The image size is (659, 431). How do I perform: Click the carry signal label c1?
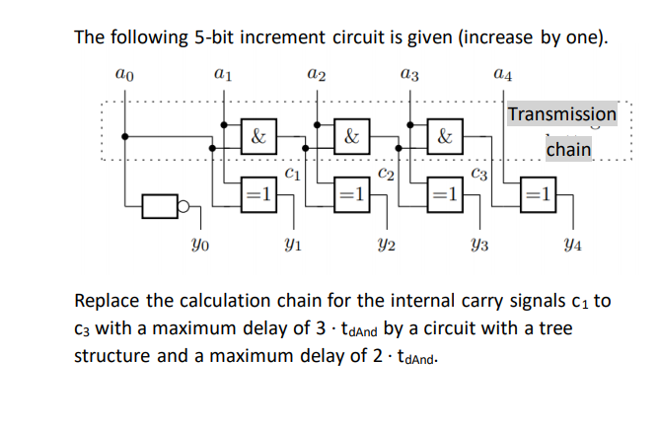(291, 176)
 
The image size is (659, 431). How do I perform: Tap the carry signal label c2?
(386, 176)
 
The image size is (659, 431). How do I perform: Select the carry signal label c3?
(480, 176)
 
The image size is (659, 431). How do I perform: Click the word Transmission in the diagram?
(561, 113)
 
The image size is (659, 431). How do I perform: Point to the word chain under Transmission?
(568, 149)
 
